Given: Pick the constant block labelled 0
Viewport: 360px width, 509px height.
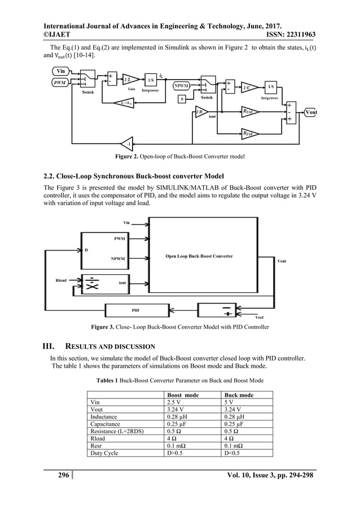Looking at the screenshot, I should coord(182,99).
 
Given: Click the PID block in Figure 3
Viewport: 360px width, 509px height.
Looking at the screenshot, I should coord(136,310).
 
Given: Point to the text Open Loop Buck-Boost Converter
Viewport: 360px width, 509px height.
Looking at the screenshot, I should coord(199,256).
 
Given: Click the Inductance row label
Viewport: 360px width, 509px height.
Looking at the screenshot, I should coord(106,417).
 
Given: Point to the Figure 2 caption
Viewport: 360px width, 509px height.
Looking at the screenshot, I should coord(179,155).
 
